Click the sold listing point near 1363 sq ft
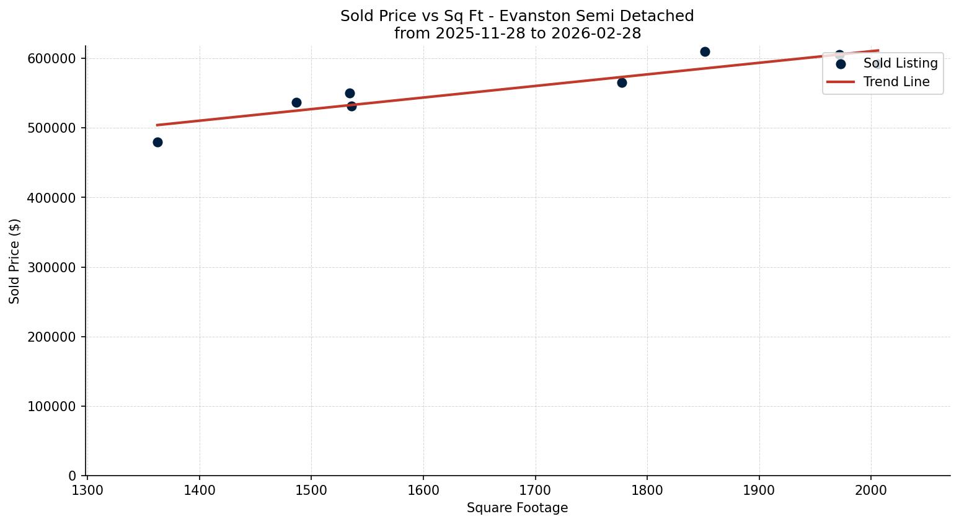[x=157, y=142]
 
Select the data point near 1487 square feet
[x=296, y=102]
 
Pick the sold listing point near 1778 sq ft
[x=622, y=82]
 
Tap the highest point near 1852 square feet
[x=705, y=51]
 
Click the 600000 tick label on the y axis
[x=51, y=58]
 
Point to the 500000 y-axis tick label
[x=51, y=128]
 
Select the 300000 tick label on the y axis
[x=51, y=267]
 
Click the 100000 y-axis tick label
[x=51, y=407]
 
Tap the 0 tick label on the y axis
[x=73, y=476]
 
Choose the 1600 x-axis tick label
[x=423, y=491]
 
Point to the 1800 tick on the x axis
[x=647, y=491]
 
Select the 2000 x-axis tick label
[x=871, y=491]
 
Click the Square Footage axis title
[x=517, y=508]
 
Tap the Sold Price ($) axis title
[x=15, y=261]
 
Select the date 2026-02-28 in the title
[x=596, y=33]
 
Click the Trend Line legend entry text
[x=896, y=82]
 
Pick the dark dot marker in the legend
[x=841, y=63]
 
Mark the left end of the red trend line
[x=157, y=125]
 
